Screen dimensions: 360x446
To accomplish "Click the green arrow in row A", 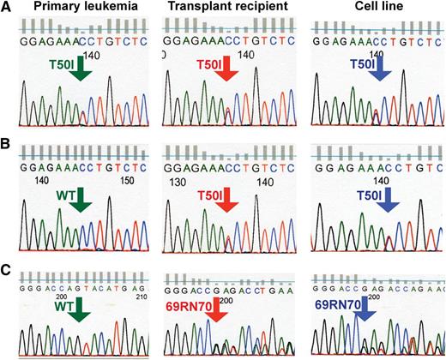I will (80, 72).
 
